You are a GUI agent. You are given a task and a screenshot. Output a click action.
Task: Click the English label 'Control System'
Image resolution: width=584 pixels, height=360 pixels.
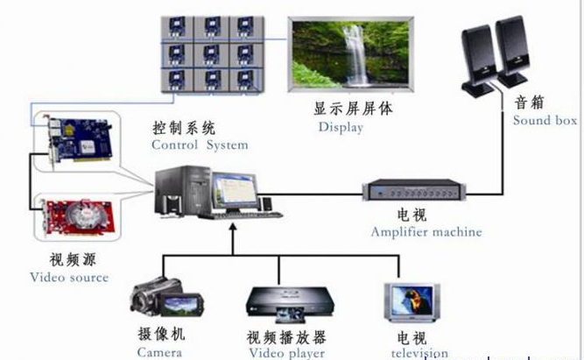point(200,145)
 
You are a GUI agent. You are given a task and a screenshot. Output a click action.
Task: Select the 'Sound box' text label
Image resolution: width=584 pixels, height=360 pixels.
point(545,120)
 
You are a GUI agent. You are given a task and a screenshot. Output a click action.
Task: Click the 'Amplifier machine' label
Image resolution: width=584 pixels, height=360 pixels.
point(426,232)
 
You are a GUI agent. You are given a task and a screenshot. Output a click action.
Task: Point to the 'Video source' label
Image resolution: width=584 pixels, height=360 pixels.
point(69,277)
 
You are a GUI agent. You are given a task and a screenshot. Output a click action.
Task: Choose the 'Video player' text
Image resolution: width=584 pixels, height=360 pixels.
point(286,353)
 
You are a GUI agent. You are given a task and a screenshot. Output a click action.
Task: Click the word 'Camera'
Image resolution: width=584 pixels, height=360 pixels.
point(159,351)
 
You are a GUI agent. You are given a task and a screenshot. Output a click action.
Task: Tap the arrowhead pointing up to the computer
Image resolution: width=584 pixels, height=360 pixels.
point(233,229)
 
